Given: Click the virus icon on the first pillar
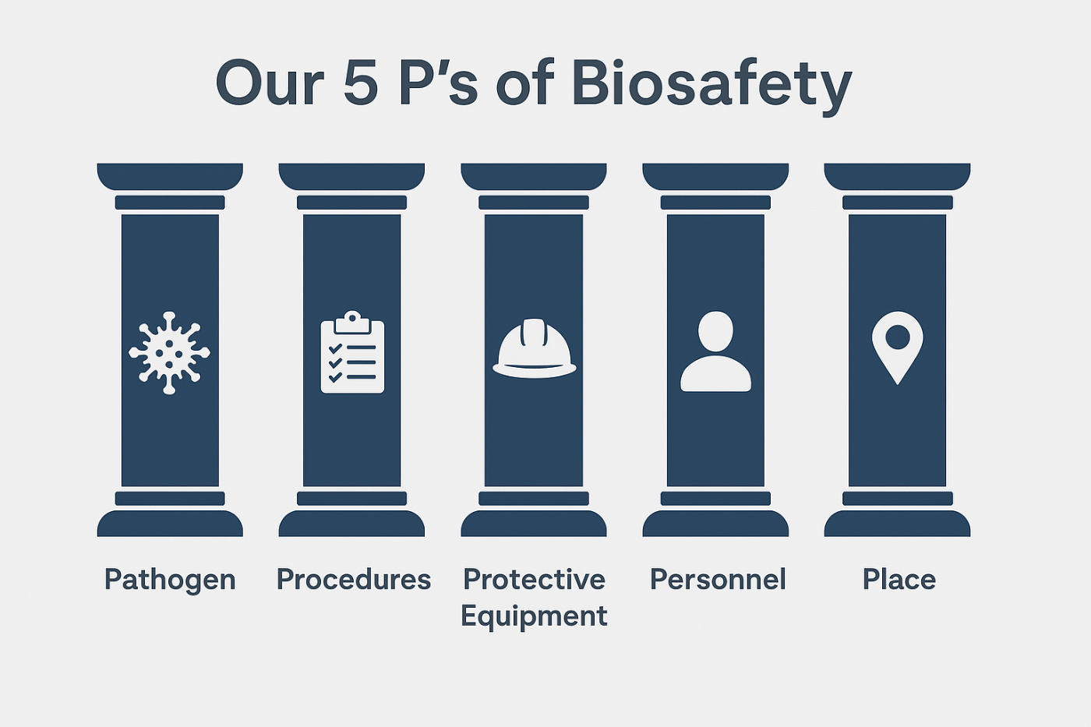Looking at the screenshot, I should (x=169, y=353).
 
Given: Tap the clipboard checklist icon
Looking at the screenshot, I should (x=352, y=353).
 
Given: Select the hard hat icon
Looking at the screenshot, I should (x=534, y=350).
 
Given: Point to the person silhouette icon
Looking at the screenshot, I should (x=715, y=351).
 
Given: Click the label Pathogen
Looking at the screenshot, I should (x=170, y=580).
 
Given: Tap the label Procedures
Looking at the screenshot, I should (x=353, y=580).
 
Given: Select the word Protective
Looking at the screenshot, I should (x=534, y=580).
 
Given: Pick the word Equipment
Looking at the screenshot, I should (x=534, y=616).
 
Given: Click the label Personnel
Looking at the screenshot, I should (x=718, y=580).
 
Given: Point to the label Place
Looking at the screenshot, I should (x=899, y=580).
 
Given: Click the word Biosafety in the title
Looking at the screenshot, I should (x=711, y=83).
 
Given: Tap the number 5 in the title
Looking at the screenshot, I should (x=360, y=83).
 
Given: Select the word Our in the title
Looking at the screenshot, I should (x=270, y=83).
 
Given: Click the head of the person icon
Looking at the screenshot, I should (x=715, y=331).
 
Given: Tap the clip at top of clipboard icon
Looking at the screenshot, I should (x=352, y=320).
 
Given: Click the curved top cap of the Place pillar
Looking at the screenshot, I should (x=897, y=176).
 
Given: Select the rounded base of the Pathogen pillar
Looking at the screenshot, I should (x=170, y=524).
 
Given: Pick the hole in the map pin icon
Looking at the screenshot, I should (x=897, y=337).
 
